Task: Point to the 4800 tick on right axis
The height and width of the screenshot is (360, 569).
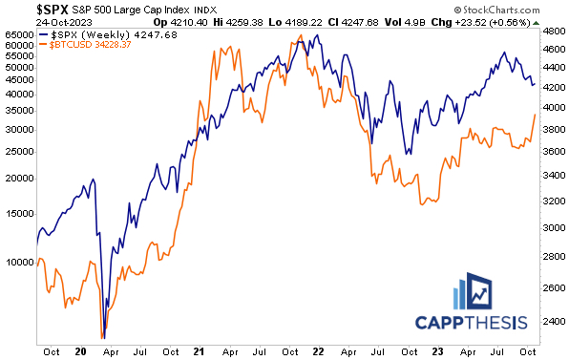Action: (x=553, y=32)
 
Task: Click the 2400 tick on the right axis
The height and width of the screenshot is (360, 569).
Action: (x=553, y=321)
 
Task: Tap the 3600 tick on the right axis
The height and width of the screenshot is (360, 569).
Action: (x=553, y=152)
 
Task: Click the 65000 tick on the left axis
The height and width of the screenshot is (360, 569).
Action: (x=19, y=34)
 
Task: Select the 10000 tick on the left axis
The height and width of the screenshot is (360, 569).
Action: (x=19, y=260)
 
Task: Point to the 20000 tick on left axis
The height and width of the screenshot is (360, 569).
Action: (x=19, y=178)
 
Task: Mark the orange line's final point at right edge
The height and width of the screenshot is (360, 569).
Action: (x=534, y=114)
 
